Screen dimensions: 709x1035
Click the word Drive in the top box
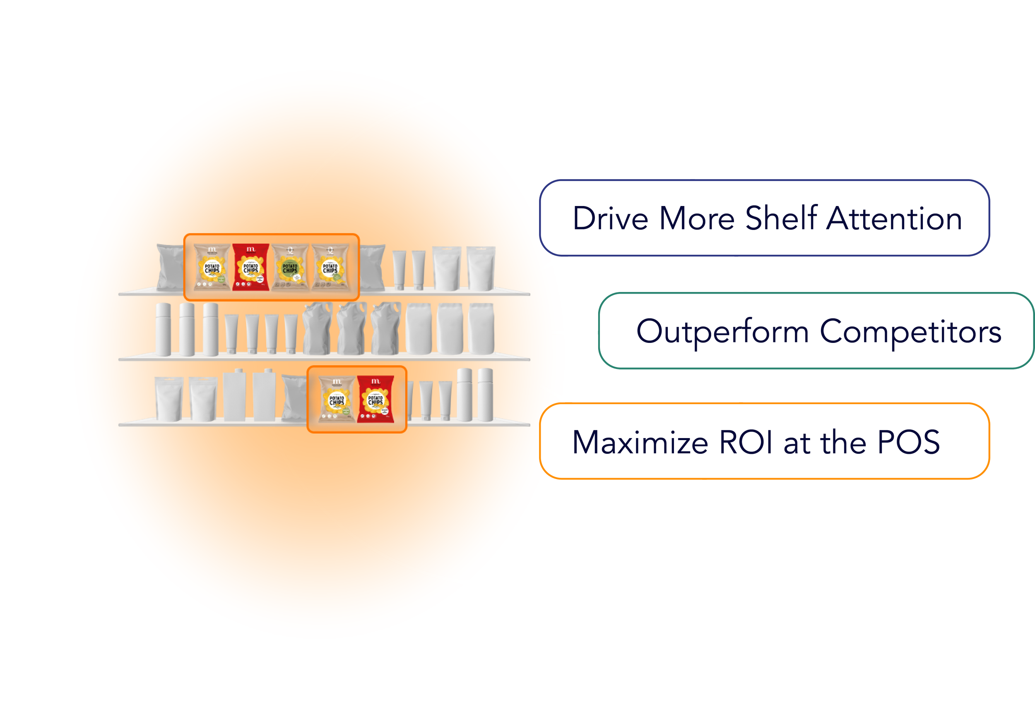pyautogui.click(x=610, y=218)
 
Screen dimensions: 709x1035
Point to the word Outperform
pyautogui.click(x=722, y=332)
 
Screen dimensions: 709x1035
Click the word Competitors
pyautogui.click(x=910, y=332)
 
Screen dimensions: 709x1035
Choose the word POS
pyautogui.click(x=908, y=443)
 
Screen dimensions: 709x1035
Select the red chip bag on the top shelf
pyautogui.click(x=251, y=267)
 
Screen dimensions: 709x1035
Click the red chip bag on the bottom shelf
pyautogui.click(x=375, y=399)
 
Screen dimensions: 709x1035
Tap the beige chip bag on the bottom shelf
pyautogui.click(x=337, y=399)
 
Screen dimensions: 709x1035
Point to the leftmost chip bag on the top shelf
pyautogui.click(x=212, y=267)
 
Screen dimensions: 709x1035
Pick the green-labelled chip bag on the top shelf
pyautogui.click(x=290, y=267)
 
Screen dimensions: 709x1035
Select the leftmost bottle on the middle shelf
pyautogui.click(x=163, y=329)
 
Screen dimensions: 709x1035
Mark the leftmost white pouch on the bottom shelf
pyautogui.click(x=169, y=399)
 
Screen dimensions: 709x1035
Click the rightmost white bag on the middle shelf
pyautogui.click(x=481, y=329)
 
